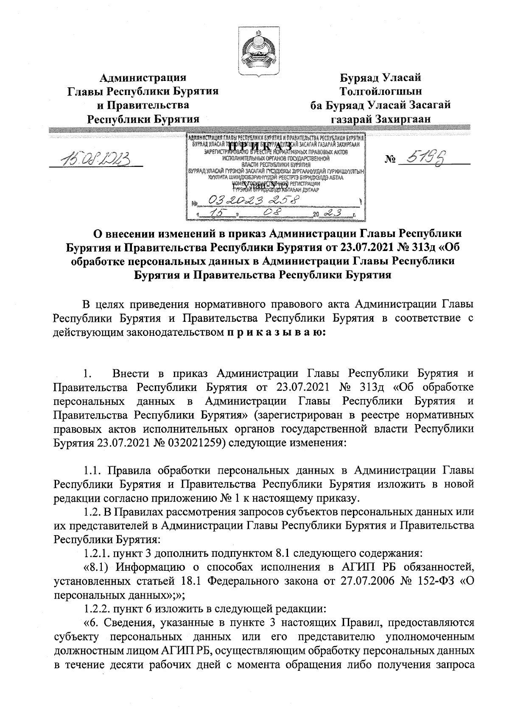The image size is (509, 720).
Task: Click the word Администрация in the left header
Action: pos(143,78)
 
